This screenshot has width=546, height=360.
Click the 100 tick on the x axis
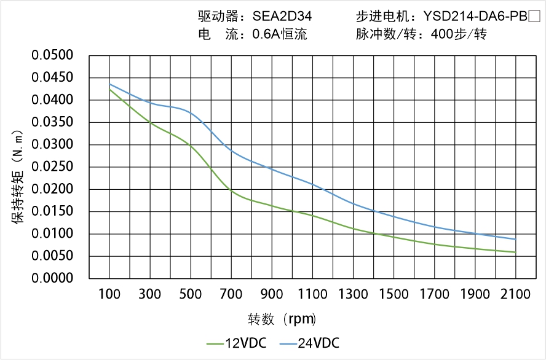(x=109, y=294)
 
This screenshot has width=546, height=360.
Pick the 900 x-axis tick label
(x=272, y=294)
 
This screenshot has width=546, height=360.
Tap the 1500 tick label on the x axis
(x=394, y=294)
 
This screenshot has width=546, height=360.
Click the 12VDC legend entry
(x=237, y=343)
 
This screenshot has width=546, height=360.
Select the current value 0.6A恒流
(x=280, y=34)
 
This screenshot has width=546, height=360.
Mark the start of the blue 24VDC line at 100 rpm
(x=109, y=84)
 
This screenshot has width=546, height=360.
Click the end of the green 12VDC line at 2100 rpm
(x=515, y=252)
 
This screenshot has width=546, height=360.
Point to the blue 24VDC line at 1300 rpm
(x=353, y=204)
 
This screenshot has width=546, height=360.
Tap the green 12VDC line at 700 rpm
(x=231, y=190)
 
